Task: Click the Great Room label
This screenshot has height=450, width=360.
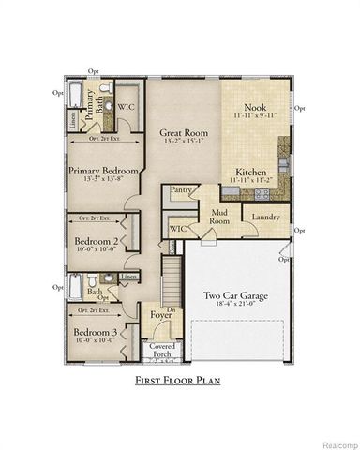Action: tap(183, 133)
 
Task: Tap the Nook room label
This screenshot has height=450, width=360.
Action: tap(255, 107)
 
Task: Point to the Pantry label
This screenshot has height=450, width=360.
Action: tap(182, 190)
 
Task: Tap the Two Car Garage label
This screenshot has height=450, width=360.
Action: tap(236, 295)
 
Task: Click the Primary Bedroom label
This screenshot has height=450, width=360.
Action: tap(103, 172)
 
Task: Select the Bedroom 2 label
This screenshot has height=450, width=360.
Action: tap(96, 240)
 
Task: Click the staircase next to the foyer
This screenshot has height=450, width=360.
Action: tap(171, 278)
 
